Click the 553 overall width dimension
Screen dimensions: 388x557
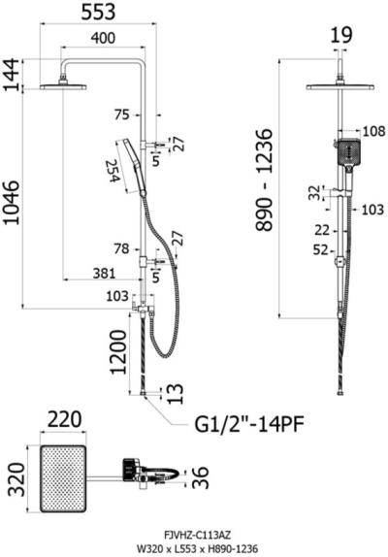(x=98, y=12)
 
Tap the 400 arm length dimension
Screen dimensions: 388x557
(x=103, y=38)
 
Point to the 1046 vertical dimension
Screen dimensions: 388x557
(x=12, y=202)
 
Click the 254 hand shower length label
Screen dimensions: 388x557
(x=113, y=171)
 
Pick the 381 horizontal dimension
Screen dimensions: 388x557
(x=104, y=274)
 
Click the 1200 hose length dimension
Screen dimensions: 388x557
(x=118, y=352)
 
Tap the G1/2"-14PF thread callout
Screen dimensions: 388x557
(x=249, y=424)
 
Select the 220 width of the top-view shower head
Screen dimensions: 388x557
(x=65, y=419)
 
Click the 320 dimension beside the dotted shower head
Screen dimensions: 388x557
(x=16, y=479)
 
